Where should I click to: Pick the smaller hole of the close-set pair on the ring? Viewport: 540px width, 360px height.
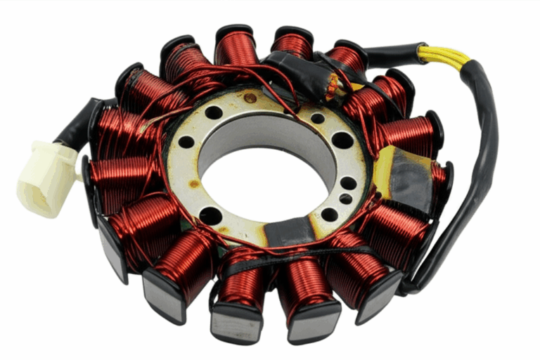pos(345,199)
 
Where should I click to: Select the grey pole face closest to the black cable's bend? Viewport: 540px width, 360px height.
pos(380,292)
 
